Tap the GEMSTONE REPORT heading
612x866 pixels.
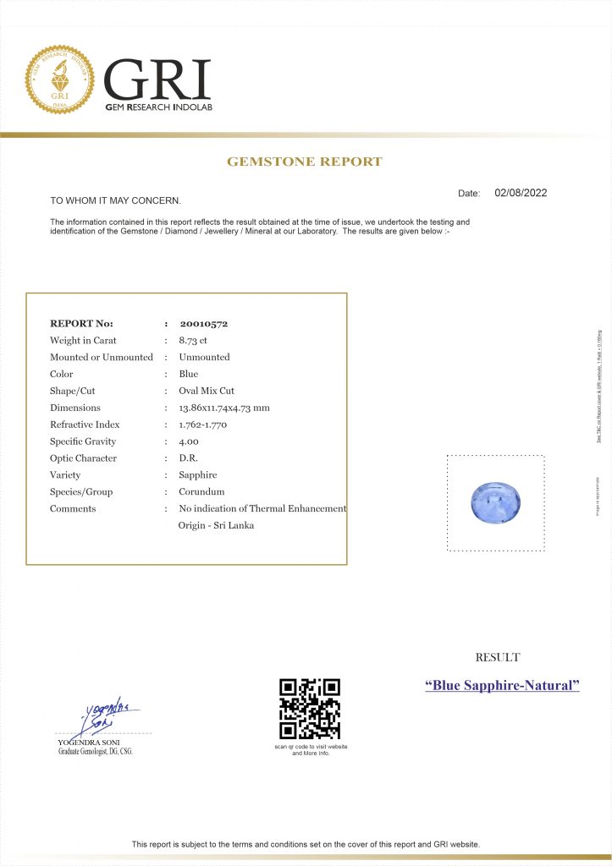[305, 162]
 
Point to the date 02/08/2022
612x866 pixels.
[521, 193]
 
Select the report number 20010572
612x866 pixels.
[203, 323]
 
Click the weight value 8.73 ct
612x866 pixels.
[193, 340]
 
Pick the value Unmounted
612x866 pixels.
[204, 357]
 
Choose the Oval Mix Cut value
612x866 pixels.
[207, 391]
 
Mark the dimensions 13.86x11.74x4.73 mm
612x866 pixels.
[224, 408]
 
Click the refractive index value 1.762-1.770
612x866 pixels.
[203, 425]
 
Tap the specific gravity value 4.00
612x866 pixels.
[189, 441]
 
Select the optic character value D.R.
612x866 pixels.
[189, 458]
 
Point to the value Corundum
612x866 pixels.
[201, 492]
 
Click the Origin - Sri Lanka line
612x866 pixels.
[216, 525]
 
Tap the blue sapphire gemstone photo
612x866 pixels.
[495, 502]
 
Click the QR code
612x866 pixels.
[310, 709]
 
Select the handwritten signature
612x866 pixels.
[108, 717]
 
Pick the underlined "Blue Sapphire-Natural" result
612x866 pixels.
[502, 685]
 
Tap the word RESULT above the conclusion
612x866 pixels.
[498, 657]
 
